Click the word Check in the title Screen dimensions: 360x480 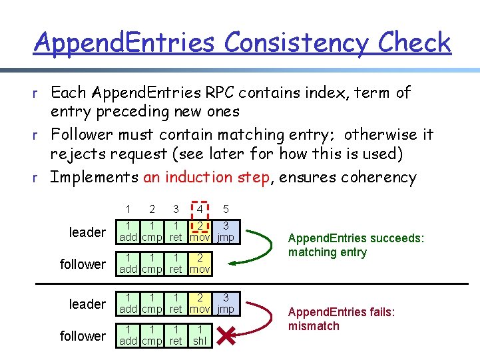414,43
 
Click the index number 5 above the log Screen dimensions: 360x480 226,210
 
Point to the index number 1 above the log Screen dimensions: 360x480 128,210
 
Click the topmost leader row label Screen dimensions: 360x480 87,232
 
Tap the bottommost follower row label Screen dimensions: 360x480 83,336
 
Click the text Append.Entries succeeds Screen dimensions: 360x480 356,238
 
